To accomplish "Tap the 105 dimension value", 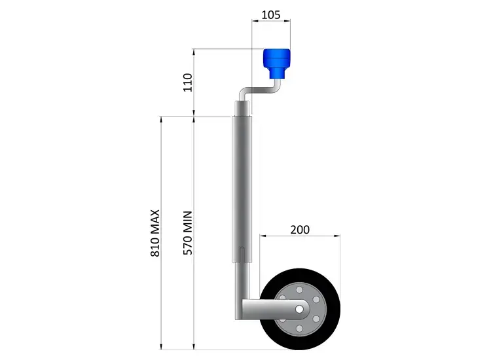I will coord(272,13).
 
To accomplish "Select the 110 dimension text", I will coord(188,82).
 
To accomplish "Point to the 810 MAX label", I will coord(156,233).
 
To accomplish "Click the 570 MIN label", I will coord(188,233).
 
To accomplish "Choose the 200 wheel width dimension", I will coord(300,230).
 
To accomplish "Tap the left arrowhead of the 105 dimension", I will coord(255,22).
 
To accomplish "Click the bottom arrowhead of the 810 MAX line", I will coord(162,346).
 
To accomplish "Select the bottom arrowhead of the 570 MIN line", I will coord(194,346).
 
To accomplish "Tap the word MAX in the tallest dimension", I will coord(156,223).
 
